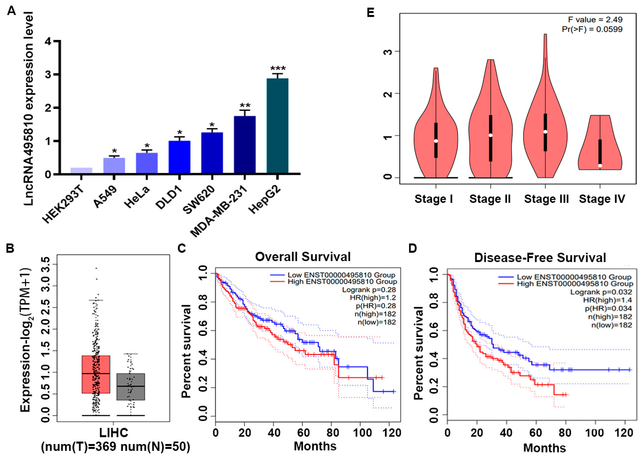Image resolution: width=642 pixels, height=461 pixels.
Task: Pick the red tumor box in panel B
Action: (96, 374)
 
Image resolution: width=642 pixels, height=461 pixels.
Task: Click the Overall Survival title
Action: (303, 257)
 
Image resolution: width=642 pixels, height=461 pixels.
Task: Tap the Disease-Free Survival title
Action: (540, 258)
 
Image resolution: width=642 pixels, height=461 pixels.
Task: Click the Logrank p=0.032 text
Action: (601, 292)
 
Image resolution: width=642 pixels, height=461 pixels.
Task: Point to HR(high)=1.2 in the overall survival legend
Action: (373, 297)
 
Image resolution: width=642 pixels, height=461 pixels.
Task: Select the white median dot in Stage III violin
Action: (545, 132)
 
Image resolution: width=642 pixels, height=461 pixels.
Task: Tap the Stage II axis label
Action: (490, 199)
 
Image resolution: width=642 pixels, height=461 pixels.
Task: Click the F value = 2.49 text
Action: (595, 19)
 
